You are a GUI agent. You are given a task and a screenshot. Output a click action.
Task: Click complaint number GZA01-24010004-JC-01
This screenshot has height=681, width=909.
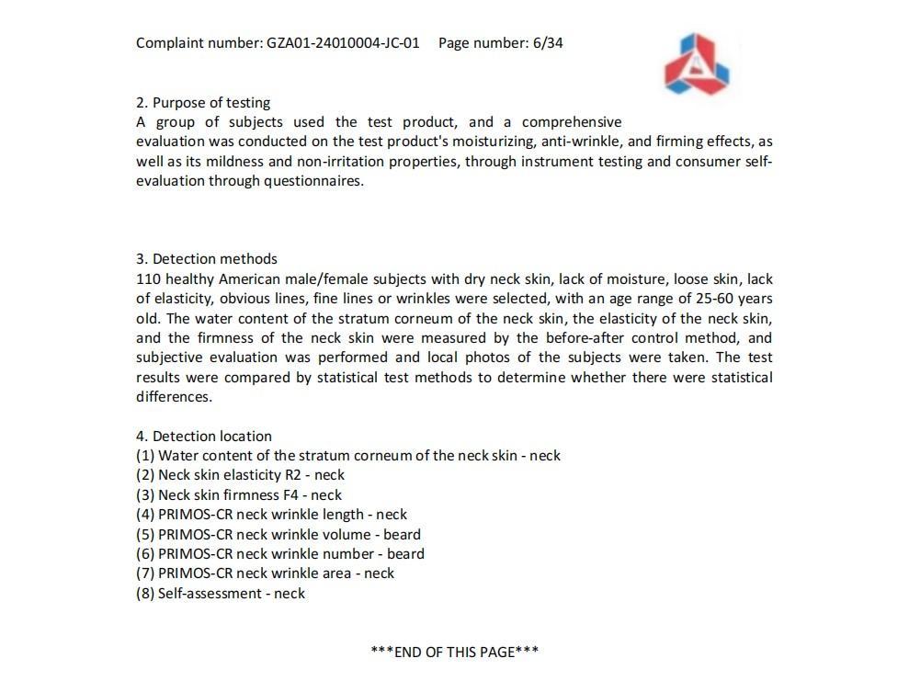(343, 42)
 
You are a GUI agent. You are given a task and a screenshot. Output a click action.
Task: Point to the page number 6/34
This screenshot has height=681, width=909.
(548, 42)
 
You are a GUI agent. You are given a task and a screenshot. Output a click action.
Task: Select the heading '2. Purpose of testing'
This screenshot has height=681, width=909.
(203, 103)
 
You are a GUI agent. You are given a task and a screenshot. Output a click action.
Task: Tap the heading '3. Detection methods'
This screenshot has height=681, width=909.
(207, 259)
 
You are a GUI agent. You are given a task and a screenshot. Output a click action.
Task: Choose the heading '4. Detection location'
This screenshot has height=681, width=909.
(204, 437)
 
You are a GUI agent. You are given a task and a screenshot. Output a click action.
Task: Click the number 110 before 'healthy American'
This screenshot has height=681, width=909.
(148, 278)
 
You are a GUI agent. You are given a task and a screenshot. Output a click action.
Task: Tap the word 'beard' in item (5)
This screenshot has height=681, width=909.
(402, 535)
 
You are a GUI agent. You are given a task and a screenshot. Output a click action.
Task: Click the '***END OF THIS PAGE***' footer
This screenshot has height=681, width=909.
(454, 652)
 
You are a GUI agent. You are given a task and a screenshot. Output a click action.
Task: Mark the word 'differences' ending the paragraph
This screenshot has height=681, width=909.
(172, 397)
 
